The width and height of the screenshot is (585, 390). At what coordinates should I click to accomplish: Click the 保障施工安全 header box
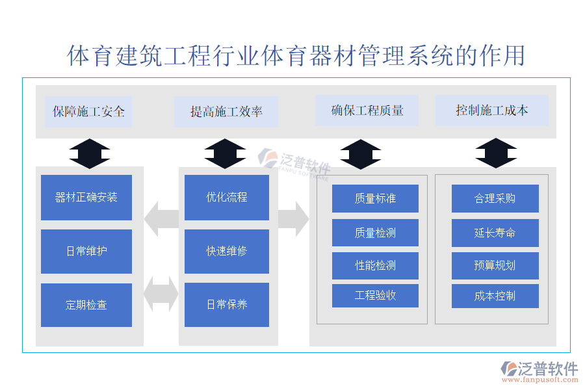click(88, 111)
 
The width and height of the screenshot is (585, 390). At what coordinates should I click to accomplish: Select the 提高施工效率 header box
click(226, 111)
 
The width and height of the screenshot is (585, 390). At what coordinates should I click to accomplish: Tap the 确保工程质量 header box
click(367, 110)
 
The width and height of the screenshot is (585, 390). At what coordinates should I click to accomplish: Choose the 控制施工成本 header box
click(492, 110)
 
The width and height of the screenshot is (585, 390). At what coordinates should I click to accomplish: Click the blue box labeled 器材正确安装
click(86, 198)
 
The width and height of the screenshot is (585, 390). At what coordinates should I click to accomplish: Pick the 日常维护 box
click(86, 252)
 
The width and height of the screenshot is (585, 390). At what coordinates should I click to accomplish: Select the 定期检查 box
click(86, 305)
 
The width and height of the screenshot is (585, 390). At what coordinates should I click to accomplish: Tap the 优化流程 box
click(227, 197)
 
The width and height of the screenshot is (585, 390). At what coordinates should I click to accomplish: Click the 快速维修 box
click(227, 251)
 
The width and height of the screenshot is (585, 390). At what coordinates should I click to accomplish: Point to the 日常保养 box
click(227, 304)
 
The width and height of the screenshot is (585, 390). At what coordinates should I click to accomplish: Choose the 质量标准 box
click(375, 198)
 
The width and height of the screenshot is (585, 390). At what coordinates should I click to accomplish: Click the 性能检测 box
click(375, 265)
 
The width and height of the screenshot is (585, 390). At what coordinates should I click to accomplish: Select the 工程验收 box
click(375, 296)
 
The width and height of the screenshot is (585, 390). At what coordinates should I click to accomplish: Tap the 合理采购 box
click(495, 198)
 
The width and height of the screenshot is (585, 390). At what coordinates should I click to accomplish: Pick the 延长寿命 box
click(495, 233)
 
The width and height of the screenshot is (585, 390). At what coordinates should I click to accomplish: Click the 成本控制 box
click(495, 296)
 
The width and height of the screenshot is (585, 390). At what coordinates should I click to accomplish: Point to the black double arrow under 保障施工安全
click(90, 154)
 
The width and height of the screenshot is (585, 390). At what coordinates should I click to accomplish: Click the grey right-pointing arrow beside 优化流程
click(293, 218)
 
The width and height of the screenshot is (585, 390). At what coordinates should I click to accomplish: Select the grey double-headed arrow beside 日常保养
click(161, 294)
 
